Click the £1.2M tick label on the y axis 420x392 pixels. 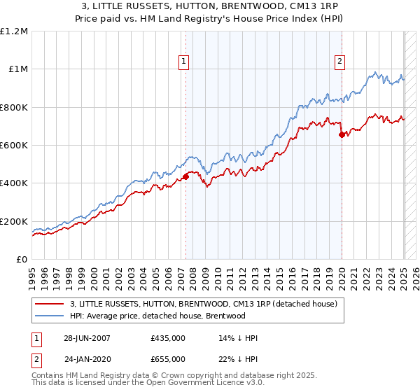pyautogui.click(x=14, y=31)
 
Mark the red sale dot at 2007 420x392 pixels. pyautogui.click(x=186, y=176)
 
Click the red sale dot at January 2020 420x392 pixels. pyautogui.click(x=342, y=135)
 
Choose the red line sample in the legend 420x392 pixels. pyautogui.click(x=49, y=304)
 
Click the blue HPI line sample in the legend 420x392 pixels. pyautogui.click(x=49, y=316)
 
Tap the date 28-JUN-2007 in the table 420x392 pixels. pyautogui.click(x=87, y=338)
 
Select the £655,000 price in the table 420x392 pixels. pyautogui.click(x=168, y=358)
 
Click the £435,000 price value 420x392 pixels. pyautogui.click(x=168, y=338)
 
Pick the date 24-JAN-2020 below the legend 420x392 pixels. pyautogui.click(x=87, y=358)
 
